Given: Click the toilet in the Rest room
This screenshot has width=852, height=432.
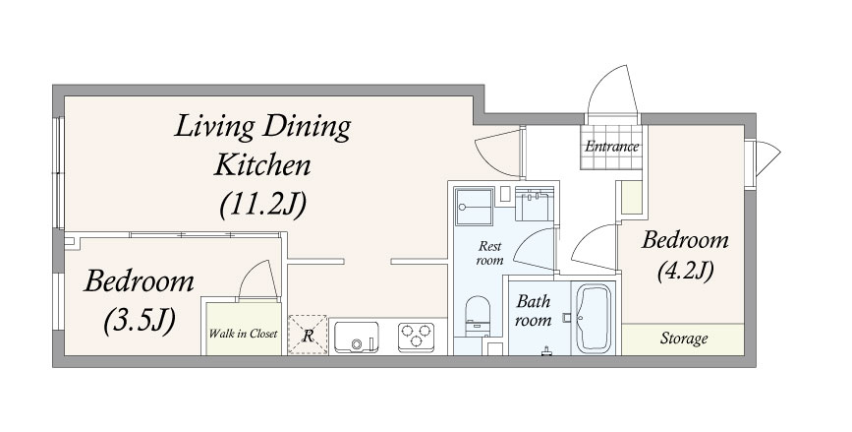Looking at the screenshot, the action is pyautogui.click(x=478, y=317).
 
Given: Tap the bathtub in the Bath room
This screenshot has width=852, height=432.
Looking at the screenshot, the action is pyautogui.click(x=594, y=318).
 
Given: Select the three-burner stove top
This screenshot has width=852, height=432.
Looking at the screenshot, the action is pyautogui.click(x=416, y=337).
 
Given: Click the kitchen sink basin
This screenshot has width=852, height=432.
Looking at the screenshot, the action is pyautogui.click(x=356, y=337).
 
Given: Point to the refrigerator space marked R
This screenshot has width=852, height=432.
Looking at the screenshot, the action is pyautogui.click(x=308, y=335).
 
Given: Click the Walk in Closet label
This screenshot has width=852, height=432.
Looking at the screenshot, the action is pyautogui.click(x=243, y=334).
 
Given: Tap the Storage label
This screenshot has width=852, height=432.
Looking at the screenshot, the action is pyautogui.click(x=684, y=339).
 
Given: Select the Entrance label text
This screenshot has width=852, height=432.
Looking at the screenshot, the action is pyautogui.click(x=612, y=147).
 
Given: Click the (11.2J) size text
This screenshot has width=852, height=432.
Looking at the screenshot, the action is pyautogui.click(x=263, y=206).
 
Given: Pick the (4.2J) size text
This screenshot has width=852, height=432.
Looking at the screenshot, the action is pyautogui.click(x=685, y=272).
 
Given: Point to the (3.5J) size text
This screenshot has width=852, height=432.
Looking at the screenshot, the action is pyautogui.click(x=140, y=320).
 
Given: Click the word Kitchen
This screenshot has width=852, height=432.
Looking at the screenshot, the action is pyautogui.click(x=262, y=165).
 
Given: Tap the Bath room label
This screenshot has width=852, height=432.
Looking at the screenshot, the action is pyautogui.click(x=533, y=311).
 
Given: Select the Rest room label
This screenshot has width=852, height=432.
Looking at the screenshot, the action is pyautogui.click(x=489, y=254).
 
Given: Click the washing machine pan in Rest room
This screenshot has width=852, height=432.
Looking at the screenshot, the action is pyautogui.click(x=475, y=207).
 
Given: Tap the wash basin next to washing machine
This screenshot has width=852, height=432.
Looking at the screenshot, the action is pyautogui.click(x=535, y=204).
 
